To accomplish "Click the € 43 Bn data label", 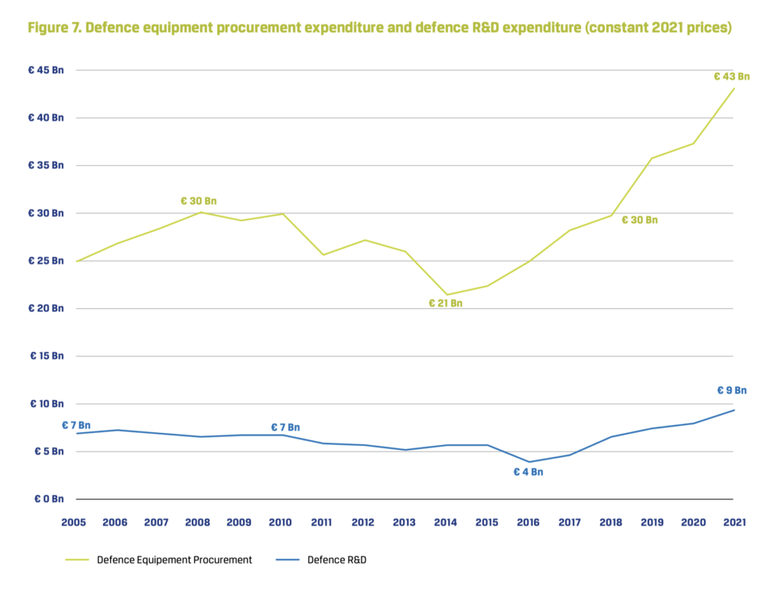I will click(731, 76).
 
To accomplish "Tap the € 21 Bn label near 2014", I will click(445, 304).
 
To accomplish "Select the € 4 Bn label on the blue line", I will click(528, 472).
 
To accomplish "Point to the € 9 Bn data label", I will click(731, 390).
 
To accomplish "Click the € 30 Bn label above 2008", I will click(198, 201).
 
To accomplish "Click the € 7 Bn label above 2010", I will click(284, 427).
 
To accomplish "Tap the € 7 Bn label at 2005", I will click(76, 425).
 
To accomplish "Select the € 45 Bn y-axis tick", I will click(47, 70).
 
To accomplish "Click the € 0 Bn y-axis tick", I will click(49, 499).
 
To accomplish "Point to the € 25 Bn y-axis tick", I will click(47, 261).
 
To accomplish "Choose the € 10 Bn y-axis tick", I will click(47, 404).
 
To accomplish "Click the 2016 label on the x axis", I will click(528, 523).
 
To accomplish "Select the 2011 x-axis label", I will click(321, 523).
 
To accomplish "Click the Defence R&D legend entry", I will click(336, 560).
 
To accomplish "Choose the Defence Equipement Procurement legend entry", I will click(174, 560).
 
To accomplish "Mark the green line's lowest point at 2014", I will click(447, 294).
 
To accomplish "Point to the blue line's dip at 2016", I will click(528, 462).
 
